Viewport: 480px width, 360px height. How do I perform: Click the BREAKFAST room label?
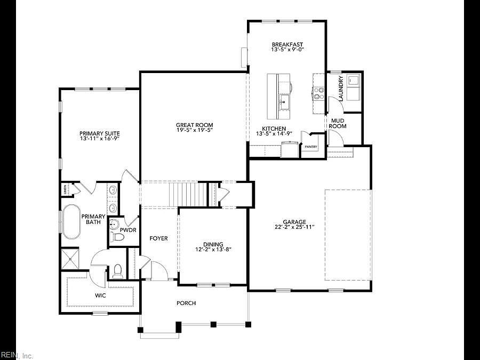[287, 44]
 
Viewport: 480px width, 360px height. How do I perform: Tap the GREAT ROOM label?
[195, 125]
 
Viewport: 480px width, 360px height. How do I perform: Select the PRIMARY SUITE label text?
[99, 133]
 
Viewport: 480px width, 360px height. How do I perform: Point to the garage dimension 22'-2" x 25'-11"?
[294, 227]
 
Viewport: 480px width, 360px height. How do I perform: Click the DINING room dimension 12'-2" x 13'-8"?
[213, 249]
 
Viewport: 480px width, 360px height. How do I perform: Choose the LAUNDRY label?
[341, 86]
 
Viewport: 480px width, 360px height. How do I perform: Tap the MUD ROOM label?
[338, 123]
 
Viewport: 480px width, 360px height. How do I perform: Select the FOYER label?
[158, 238]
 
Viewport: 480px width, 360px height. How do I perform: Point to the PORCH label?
[186, 303]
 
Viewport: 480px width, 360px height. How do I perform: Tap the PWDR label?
[128, 230]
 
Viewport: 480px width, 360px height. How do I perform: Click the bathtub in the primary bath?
[71, 221]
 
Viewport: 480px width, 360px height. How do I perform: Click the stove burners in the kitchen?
[319, 94]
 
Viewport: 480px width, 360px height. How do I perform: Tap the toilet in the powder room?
[117, 235]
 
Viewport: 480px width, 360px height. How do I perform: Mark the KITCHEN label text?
[274, 129]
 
